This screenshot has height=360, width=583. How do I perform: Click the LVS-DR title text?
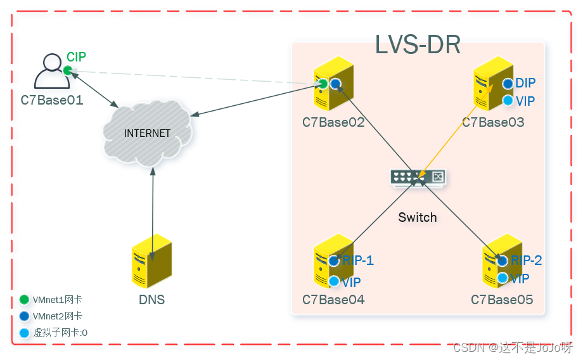point(418,45)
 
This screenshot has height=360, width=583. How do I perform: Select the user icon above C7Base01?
point(51,72)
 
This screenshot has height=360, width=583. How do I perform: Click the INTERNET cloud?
point(147,133)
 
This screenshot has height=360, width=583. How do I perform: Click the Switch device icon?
point(418,177)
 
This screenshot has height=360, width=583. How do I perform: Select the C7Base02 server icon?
point(329,88)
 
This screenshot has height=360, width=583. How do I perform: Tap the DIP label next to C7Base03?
point(525,83)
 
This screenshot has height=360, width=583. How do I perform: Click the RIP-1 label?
point(358,260)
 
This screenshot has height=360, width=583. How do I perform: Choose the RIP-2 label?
point(527,260)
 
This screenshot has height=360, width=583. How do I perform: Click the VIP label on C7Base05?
point(520,278)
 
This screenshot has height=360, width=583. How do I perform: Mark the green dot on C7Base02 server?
point(323,84)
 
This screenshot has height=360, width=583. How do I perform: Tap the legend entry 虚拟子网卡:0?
point(60,331)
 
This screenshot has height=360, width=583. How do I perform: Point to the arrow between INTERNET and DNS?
point(153,202)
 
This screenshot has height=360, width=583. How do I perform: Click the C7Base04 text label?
point(333,299)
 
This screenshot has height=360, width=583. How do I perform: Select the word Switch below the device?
point(418,217)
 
